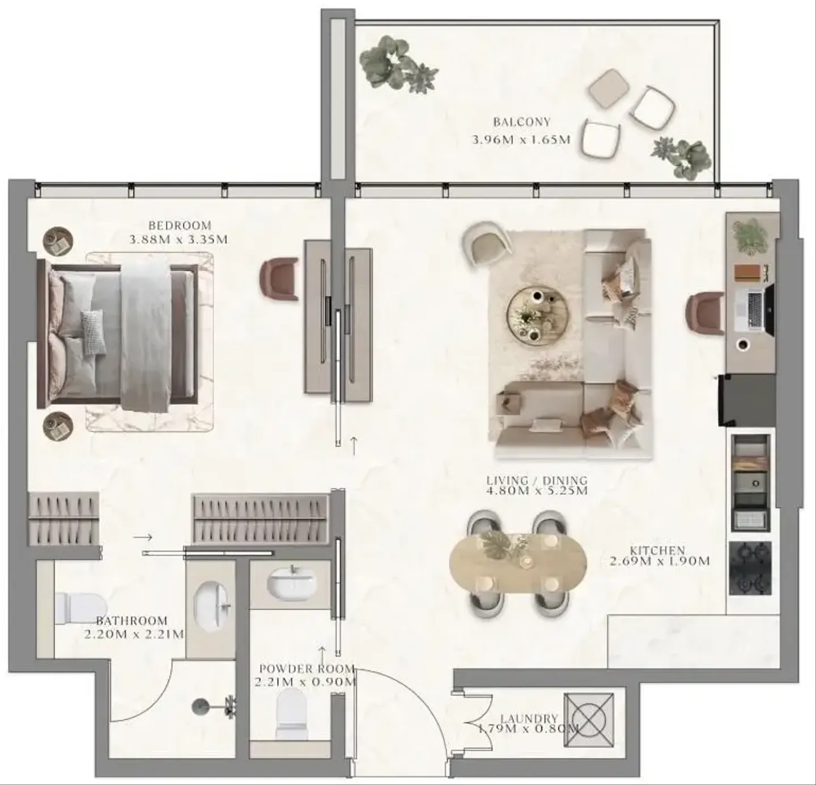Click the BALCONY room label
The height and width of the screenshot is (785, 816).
[x=522, y=122]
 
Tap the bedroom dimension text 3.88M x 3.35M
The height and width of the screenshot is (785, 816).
[x=178, y=240]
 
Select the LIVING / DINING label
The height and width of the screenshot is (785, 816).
[x=537, y=480]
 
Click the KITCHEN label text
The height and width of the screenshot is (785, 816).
[x=657, y=550]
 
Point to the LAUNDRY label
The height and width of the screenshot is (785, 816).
[x=530, y=719]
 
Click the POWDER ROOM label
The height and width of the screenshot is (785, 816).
[x=307, y=668]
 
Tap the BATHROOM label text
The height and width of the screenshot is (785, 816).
[x=131, y=621]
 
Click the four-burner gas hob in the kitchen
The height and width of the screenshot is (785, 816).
[x=750, y=568]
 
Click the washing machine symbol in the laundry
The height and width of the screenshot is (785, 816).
[x=589, y=720]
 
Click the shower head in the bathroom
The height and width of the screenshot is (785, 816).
[x=201, y=707]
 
